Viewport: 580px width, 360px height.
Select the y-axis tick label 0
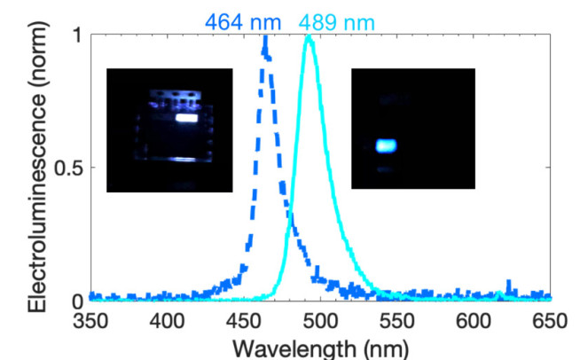click(x=75, y=301)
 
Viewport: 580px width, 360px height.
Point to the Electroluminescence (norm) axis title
click(x=36, y=168)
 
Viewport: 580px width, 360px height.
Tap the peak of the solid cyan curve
click(x=309, y=38)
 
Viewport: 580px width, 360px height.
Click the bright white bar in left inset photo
click(x=185, y=117)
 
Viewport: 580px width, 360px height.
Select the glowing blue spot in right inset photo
click(x=386, y=145)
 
